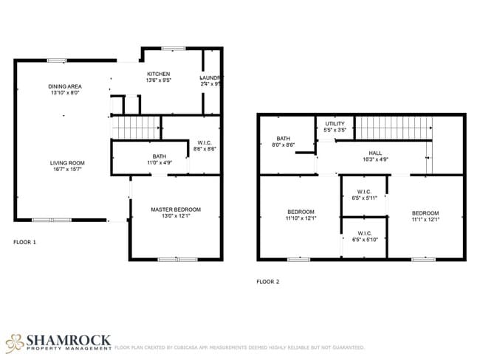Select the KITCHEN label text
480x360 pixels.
[x=159, y=75]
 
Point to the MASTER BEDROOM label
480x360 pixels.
[x=176, y=210]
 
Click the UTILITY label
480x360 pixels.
[x=335, y=123]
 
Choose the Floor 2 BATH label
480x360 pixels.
[x=283, y=139]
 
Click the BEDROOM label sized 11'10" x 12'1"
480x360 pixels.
[x=301, y=212]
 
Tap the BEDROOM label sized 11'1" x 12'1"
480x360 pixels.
[x=425, y=212]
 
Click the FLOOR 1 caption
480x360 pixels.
[x=24, y=241]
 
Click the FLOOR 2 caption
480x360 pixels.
[x=267, y=281]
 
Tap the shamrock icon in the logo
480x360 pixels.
[x=15, y=342]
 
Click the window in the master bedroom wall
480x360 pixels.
[x=177, y=259]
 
